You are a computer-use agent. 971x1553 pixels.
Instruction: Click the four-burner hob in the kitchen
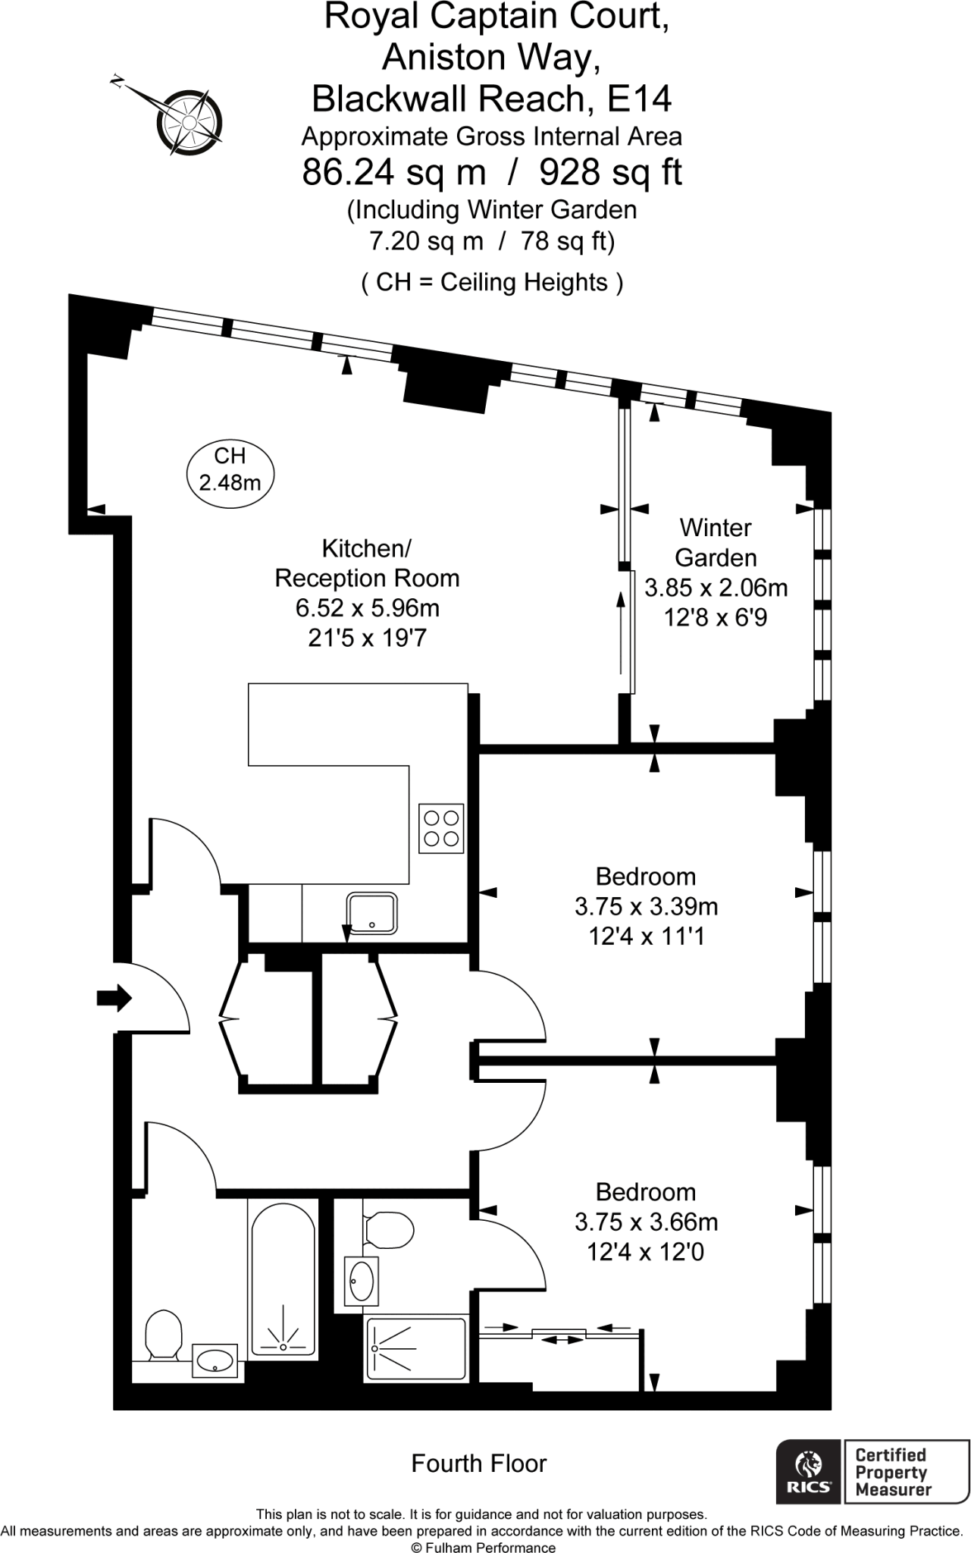tap(441, 828)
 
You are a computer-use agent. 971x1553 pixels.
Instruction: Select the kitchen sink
tap(371, 913)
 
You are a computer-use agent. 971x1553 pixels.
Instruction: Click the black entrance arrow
tap(114, 999)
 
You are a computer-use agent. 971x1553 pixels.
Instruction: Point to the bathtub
tap(282, 1277)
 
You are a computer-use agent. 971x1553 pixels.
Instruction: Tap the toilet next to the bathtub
tap(163, 1335)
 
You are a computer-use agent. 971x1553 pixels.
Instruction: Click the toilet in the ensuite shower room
tap(388, 1228)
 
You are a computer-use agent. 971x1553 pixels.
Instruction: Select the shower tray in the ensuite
tap(416, 1349)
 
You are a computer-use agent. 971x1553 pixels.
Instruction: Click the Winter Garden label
tap(716, 542)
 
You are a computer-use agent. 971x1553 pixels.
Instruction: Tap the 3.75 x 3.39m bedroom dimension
tap(646, 906)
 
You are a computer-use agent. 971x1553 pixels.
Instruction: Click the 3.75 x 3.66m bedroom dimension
tap(646, 1222)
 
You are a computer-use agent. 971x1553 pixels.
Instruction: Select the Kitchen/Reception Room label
tap(367, 563)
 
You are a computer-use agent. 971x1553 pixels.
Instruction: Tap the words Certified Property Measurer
tap(891, 1471)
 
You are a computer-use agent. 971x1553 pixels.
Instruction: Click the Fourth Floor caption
tap(478, 1463)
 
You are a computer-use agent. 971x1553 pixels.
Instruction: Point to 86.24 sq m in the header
tap(393, 172)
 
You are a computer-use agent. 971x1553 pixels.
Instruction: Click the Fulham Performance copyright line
tap(483, 1548)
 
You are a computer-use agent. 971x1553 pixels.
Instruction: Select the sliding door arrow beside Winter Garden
tap(622, 632)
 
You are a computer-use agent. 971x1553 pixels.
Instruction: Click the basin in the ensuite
tap(362, 1280)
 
